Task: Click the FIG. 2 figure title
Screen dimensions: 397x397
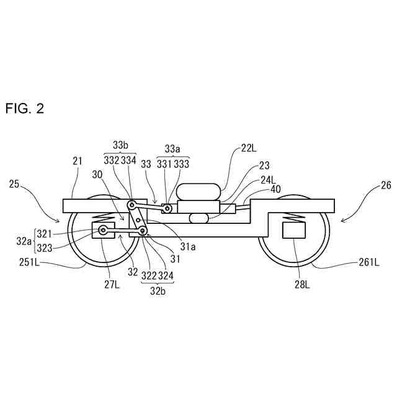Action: click(x=25, y=109)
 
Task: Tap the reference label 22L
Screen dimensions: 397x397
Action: click(x=249, y=148)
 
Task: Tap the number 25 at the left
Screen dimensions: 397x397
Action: click(x=14, y=184)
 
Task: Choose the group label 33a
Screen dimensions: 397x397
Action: click(x=173, y=148)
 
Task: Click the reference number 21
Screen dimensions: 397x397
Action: click(x=77, y=161)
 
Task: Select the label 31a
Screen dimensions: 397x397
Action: click(x=189, y=246)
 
